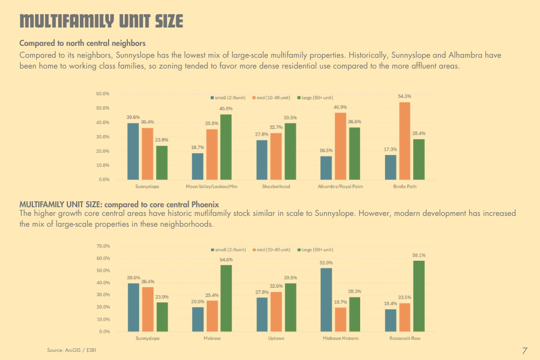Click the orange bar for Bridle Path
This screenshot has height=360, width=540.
pyautogui.click(x=404, y=140)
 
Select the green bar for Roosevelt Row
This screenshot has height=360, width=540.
pyautogui.click(x=418, y=296)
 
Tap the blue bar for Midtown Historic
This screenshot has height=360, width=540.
pyautogui.click(x=326, y=300)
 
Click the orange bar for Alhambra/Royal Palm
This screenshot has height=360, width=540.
pyautogui.click(x=340, y=146)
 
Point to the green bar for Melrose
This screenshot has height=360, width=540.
pyautogui.click(x=226, y=298)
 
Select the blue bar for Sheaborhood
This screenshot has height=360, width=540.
pyautogui.click(x=262, y=160)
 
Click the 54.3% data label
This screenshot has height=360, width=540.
pyautogui.click(x=404, y=97)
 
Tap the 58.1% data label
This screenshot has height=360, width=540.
pyautogui.click(x=418, y=255)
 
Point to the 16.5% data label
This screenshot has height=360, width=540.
pyautogui.click(x=326, y=151)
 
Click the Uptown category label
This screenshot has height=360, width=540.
pyautogui.click(x=276, y=338)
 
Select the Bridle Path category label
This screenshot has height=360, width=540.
pyautogui.click(x=404, y=186)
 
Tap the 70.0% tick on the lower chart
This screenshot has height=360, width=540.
pyautogui.click(x=103, y=246)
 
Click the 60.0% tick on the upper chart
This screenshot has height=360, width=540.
pyautogui.click(x=103, y=94)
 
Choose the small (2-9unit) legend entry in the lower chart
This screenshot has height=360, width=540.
pyautogui.click(x=228, y=250)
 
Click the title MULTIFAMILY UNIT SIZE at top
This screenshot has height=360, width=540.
pyautogui.click(x=102, y=22)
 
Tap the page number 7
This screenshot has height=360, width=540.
pyautogui.click(x=524, y=351)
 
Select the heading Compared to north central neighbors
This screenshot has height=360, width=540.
pyautogui.click(x=82, y=43)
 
